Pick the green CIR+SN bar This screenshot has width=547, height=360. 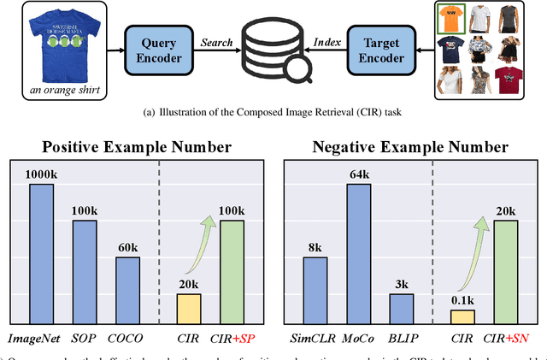(504, 270)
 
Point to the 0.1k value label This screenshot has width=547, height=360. (463, 301)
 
